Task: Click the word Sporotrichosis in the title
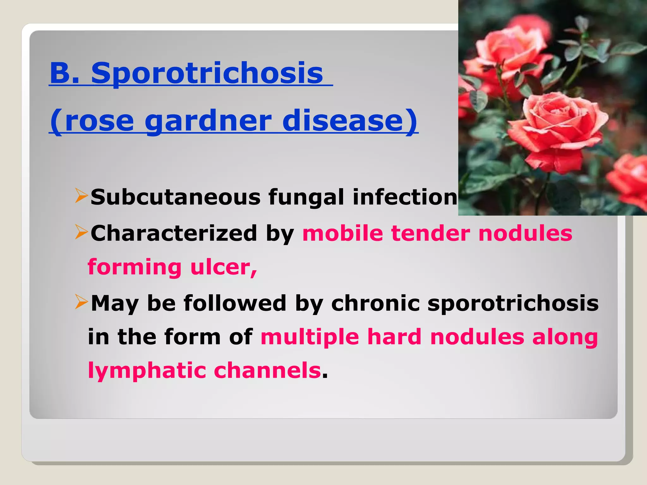pos(207,73)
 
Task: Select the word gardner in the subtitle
pos(208,121)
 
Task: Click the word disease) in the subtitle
pos(349,121)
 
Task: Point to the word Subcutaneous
pos(175,197)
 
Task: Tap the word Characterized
pos(174,233)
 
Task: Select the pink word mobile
pos(342,233)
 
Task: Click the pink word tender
pos(431,233)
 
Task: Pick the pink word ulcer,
pos(224,267)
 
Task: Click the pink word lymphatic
pos(147,371)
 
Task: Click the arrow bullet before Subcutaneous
pos(81,196)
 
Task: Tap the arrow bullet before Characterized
pos(81,232)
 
